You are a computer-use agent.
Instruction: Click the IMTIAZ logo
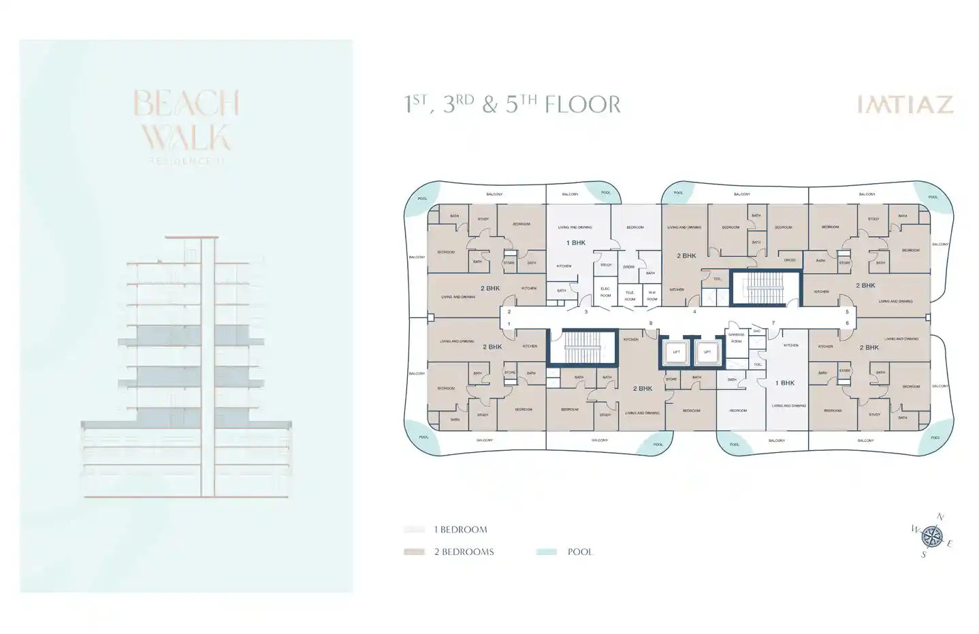(x=905, y=104)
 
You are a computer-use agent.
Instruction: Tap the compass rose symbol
(x=931, y=537)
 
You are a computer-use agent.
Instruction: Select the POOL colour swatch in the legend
(x=546, y=552)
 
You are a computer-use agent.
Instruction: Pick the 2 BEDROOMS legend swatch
(x=414, y=552)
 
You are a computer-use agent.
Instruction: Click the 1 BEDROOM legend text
(x=460, y=529)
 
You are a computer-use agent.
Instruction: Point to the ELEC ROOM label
(x=605, y=292)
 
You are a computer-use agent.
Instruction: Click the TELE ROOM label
(x=630, y=296)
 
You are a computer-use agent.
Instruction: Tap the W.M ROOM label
(x=652, y=296)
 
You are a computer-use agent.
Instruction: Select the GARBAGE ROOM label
(x=736, y=338)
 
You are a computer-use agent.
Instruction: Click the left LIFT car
(x=676, y=352)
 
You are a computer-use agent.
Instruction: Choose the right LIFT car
(x=707, y=352)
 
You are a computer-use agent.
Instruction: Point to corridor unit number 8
(x=651, y=323)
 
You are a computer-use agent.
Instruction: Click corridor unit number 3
(x=585, y=312)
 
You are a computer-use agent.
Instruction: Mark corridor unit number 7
(x=773, y=323)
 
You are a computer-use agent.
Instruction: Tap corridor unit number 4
(x=694, y=312)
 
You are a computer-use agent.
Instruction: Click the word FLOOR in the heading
(x=583, y=104)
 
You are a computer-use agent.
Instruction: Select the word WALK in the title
(x=186, y=138)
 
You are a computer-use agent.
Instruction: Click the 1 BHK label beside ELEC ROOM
(x=576, y=242)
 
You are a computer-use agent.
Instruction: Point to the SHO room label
(x=756, y=331)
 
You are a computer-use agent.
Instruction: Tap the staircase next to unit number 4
(x=766, y=287)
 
